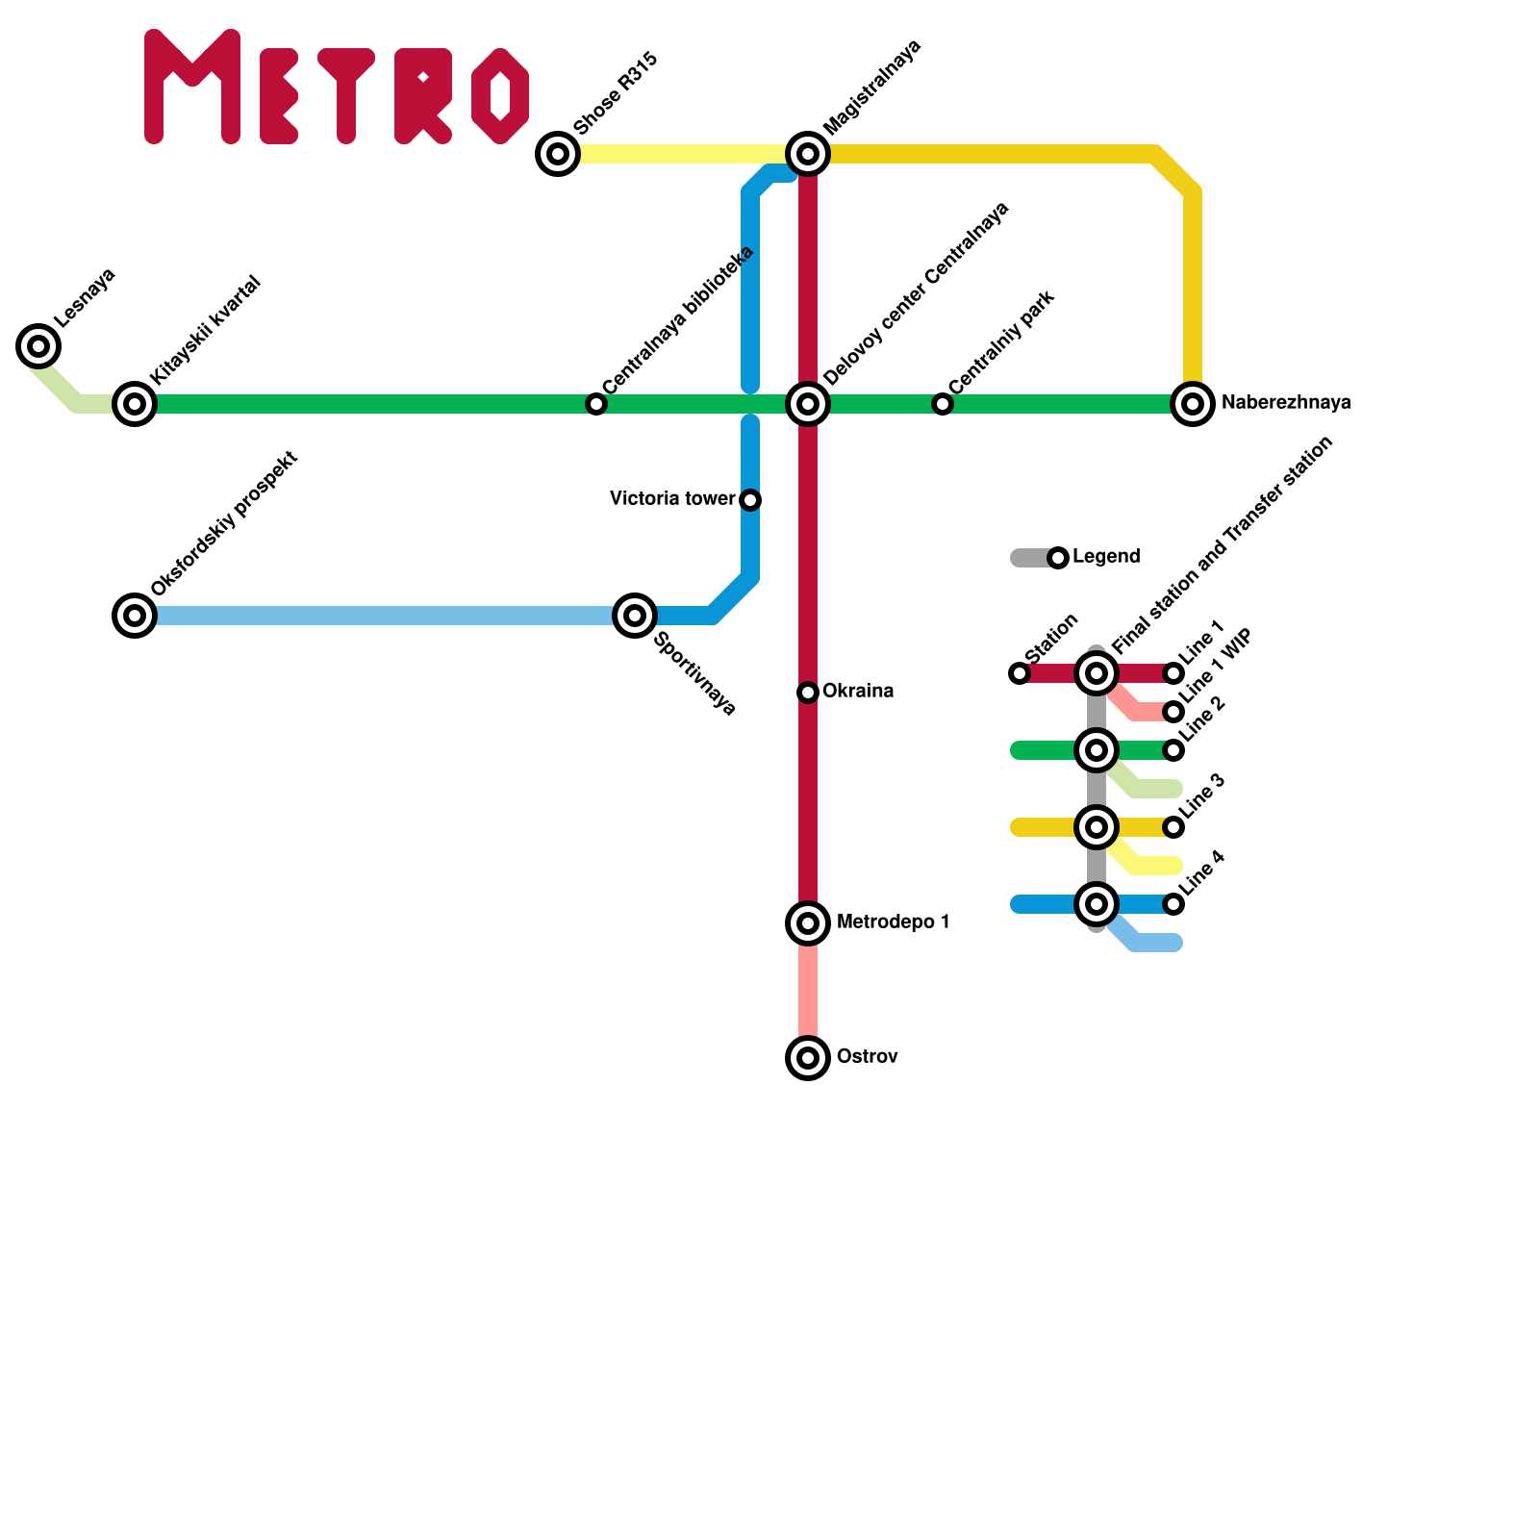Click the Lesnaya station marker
(x=38, y=345)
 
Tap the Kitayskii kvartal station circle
(x=135, y=403)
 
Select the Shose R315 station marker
(x=558, y=153)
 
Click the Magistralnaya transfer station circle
(x=808, y=153)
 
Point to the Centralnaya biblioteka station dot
(x=596, y=404)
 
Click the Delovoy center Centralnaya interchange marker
(x=808, y=403)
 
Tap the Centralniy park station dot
(x=943, y=404)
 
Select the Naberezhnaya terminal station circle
(x=1193, y=403)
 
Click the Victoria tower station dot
(x=750, y=499)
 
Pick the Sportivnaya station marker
(x=635, y=615)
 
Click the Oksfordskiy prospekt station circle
(x=135, y=615)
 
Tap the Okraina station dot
(x=808, y=692)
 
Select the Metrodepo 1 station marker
(x=808, y=922)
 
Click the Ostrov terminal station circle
(x=808, y=1057)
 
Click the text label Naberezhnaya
(x=1286, y=403)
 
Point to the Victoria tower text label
(x=672, y=498)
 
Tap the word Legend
(x=1106, y=557)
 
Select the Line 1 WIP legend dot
(x=1173, y=712)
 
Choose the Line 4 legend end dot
(x=1173, y=904)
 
